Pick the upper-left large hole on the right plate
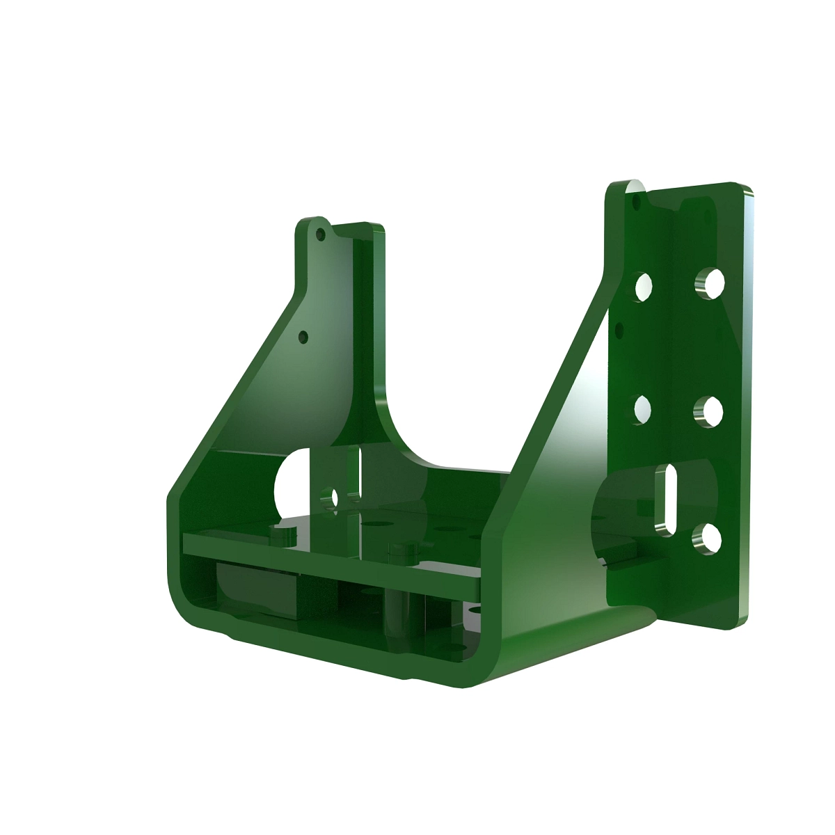[644, 287]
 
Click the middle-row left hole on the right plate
[642, 408]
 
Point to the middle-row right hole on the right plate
[709, 411]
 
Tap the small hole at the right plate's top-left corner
[636, 200]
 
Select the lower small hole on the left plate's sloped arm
[303, 337]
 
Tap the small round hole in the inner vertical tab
[334, 497]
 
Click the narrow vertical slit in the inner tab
[360, 473]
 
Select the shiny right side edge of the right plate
[745, 404]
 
